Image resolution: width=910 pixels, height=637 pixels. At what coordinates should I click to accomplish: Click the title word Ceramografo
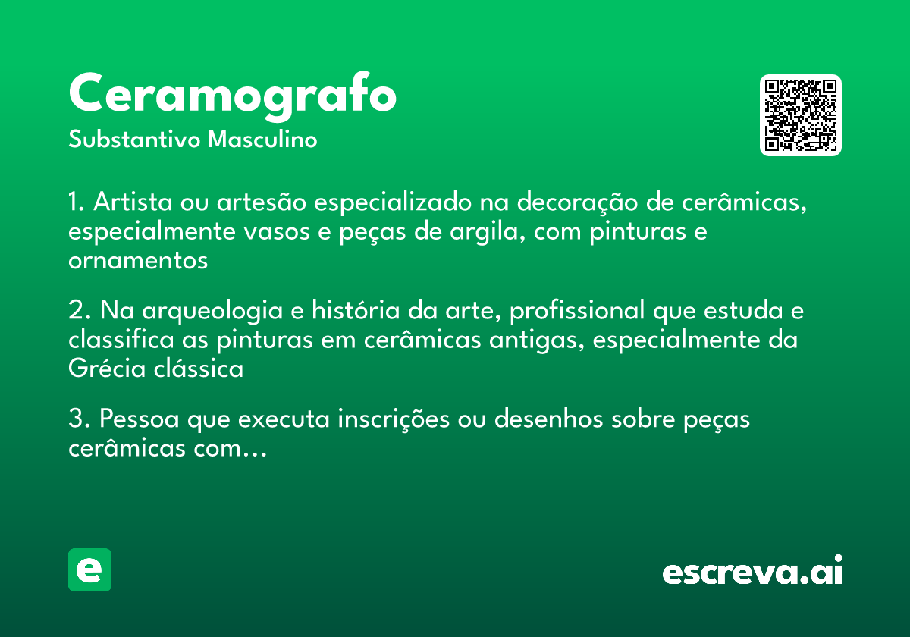click(x=232, y=96)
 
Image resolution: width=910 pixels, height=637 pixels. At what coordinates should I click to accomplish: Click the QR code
click(x=801, y=115)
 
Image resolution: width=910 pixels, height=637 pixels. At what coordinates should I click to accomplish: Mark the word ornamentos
click(x=138, y=261)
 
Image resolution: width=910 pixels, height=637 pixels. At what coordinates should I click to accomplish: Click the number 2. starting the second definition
click(x=80, y=312)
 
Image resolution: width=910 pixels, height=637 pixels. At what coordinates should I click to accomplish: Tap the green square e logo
click(x=89, y=570)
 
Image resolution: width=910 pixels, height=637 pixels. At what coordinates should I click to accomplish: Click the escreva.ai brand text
click(x=752, y=572)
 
